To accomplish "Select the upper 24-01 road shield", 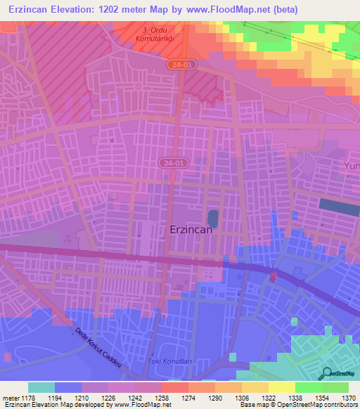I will pyautogui.click(x=182, y=64).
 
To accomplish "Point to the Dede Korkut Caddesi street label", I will pyautogui.click(x=98, y=343).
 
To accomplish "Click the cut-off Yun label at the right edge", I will pyautogui.click(x=351, y=165).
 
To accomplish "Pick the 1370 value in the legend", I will pyautogui.click(x=348, y=397).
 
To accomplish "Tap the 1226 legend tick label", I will pyautogui.click(x=108, y=397).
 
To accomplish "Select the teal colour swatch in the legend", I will pyautogui.click(x=41, y=387).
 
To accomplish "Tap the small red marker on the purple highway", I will pyautogui.click(x=274, y=278).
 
